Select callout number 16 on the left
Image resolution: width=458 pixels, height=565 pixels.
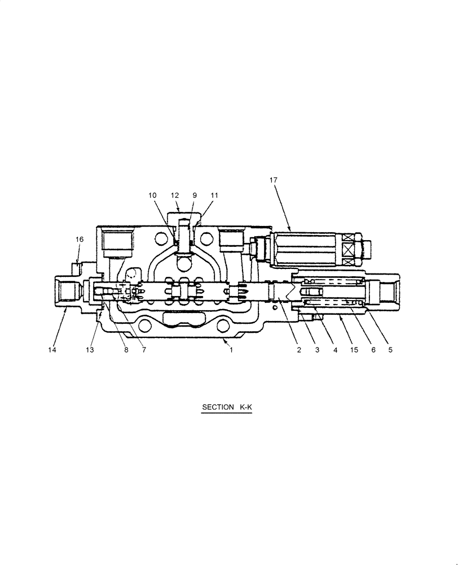tap(80, 240)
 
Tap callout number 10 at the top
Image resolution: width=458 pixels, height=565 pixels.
tap(153, 195)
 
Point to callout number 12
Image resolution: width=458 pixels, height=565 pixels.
tap(175, 195)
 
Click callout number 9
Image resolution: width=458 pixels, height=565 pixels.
tap(194, 195)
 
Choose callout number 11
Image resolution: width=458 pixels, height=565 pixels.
tap(214, 195)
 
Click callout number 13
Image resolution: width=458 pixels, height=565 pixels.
tap(89, 350)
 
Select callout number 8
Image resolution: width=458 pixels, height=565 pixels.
tap(126, 350)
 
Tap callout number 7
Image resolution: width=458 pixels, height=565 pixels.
tap(144, 350)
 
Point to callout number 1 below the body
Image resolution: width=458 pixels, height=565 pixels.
tap(231, 350)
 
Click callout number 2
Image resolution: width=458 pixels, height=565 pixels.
tap(299, 350)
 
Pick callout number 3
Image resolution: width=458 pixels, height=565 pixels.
tap(317, 350)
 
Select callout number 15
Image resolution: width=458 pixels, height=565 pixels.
tap(354, 350)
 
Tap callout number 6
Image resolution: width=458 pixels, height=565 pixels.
tap(372, 350)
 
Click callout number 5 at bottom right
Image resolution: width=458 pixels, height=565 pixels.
tap(390, 350)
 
